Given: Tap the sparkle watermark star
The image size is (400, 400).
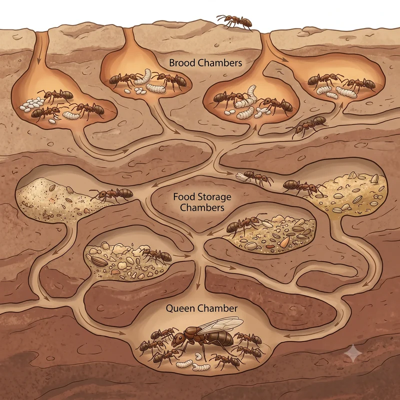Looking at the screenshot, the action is click(353, 353).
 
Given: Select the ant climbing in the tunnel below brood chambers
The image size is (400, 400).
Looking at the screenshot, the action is click(308, 125).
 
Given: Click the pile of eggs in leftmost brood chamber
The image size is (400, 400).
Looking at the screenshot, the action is click(31, 104).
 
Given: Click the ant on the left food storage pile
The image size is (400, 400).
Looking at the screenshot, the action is click(111, 194).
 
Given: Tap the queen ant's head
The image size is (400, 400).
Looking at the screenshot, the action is click(178, 338).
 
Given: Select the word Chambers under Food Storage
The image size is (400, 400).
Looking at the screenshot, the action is click(202, 207).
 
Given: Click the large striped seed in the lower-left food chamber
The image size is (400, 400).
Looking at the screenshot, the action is click(99, 261).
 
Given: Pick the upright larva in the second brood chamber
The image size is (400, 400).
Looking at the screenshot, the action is click(146, 76).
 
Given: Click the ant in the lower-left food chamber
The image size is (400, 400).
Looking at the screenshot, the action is click(156, 255).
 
